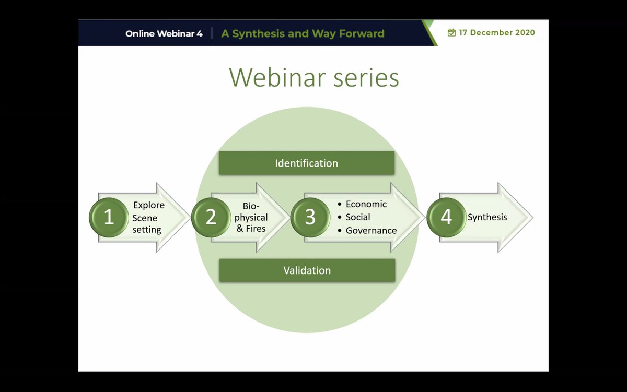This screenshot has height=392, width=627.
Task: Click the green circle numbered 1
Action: coord(109,217)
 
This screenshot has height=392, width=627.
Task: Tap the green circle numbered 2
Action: coord(211,217)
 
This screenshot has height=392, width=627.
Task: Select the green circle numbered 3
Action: coord(310,217)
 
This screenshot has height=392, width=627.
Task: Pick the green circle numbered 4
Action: coord(446,217)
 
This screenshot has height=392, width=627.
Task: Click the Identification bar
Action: coord(307,163)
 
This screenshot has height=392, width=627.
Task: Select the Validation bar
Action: coord(307,270)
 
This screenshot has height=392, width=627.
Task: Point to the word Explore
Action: coord(148,205)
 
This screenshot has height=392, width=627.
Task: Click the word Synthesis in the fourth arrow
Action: coord(487,217)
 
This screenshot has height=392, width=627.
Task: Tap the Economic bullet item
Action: coord(362,204)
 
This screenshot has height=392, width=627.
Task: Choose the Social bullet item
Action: coord(354,217)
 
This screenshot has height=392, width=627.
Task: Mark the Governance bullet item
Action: coord(367,230)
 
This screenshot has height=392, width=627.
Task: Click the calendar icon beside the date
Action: coord(451,33)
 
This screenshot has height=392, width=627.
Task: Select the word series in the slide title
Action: coord(366,77)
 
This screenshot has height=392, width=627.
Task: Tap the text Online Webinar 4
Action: coord(164,33)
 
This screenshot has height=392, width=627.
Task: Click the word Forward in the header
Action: coord(362,33)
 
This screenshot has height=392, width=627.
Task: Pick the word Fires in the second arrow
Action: coord(256,229)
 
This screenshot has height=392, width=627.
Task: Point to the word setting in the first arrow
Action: coord(147,230)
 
